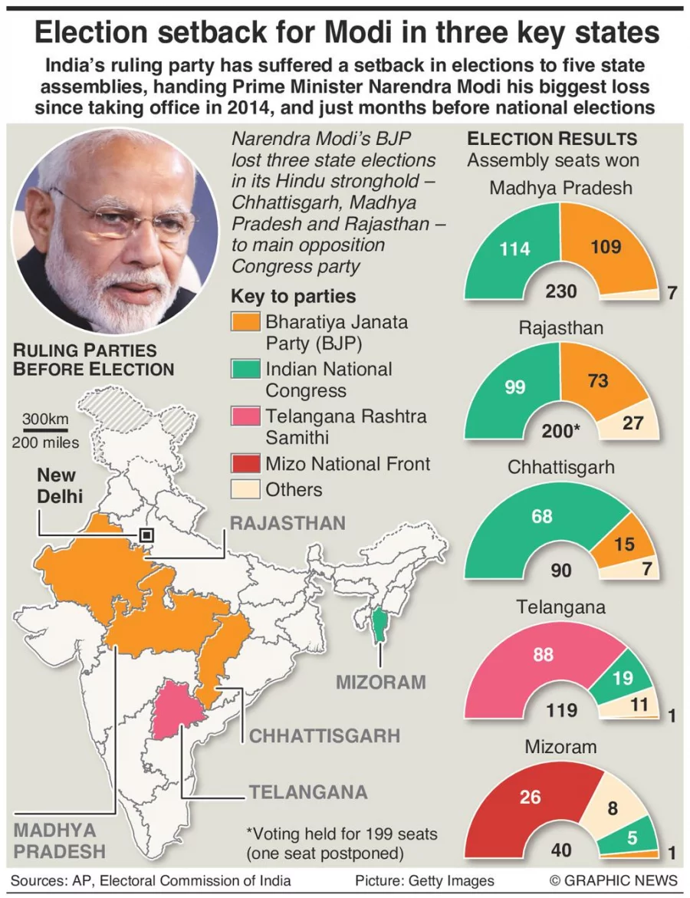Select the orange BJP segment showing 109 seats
point(606,248)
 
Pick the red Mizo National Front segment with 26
point(529,798)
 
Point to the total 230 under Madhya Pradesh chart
point(560,291)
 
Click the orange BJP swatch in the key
point(246,321)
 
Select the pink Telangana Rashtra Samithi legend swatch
point(246,417)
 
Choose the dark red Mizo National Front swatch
point(246,464)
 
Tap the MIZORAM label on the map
point(379,682)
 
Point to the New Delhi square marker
point(146,535)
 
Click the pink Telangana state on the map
point(173,709)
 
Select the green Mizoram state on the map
point(377,626)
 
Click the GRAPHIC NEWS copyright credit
point(613,880)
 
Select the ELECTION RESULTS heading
point(552,139)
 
